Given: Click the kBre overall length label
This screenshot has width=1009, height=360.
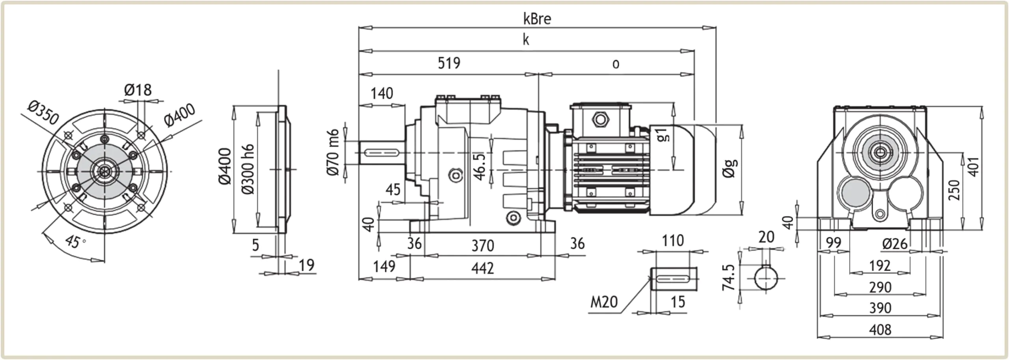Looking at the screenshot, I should point(537,19).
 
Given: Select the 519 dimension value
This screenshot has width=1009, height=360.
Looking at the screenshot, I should point(449,63).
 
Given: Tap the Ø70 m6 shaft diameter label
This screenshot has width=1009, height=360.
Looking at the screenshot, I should point(333,152).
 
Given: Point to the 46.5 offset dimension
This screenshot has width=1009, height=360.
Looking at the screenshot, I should point(479,167).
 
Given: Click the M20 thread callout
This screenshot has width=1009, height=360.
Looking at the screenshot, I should point(603,302).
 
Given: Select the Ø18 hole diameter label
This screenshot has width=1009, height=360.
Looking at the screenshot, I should point(138,90).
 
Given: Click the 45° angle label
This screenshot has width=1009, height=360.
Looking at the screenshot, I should point(74,241).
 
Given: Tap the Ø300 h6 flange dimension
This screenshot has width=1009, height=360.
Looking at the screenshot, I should point(248,169).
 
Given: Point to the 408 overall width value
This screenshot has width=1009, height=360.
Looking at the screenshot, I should point(880,330).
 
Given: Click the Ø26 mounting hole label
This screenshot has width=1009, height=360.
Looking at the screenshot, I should point(895,244).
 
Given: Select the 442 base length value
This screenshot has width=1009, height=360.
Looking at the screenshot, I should point(482,269).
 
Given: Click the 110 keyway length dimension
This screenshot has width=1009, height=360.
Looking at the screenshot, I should point(672,241).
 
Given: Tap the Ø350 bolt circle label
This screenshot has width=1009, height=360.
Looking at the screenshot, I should point(43,112).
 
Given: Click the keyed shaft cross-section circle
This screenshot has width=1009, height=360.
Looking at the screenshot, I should point(766,278).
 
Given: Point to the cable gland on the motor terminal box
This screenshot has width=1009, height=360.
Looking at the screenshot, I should point(600,119).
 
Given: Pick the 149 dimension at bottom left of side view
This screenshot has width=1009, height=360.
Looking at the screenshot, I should point(384,267).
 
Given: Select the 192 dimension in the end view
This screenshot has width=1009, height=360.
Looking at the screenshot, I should point(880,266).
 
